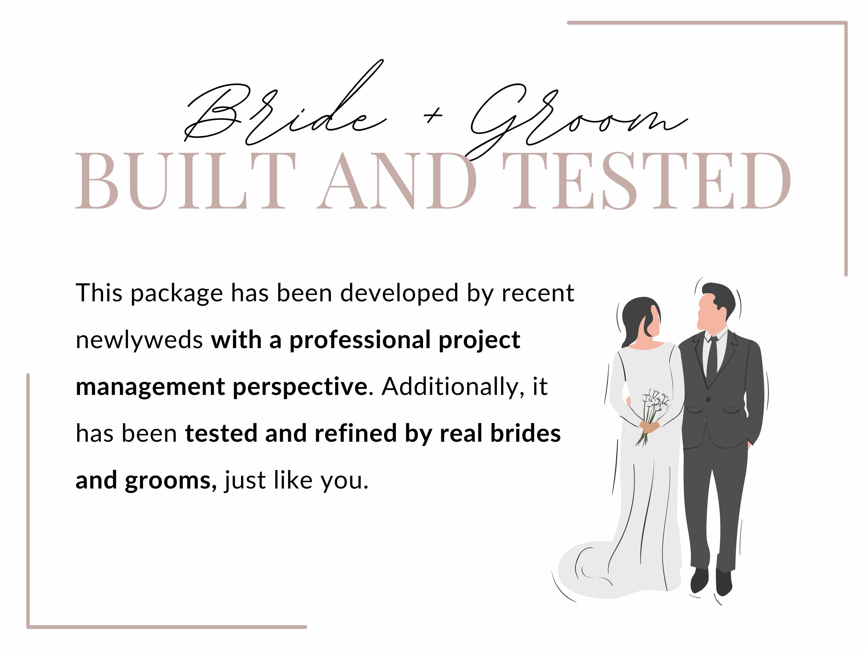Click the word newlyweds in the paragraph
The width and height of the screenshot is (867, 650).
point(139,340)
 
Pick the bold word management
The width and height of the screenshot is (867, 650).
point(150,387)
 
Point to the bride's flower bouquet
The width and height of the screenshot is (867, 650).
point(655,407)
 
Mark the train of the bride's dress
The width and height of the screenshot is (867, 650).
point(588,572)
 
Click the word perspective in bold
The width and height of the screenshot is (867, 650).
point(300,387)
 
